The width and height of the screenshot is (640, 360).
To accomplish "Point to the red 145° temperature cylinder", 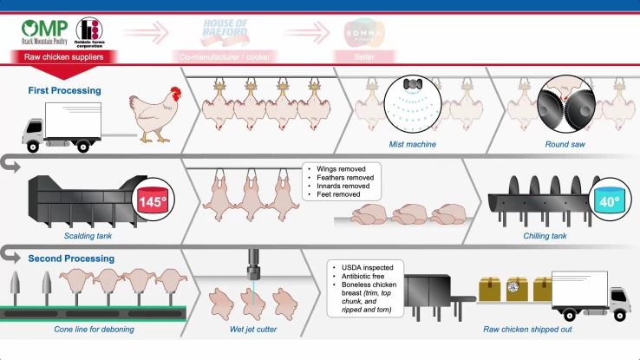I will pos(149,203).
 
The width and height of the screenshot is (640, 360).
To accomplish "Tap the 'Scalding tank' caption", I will pos(88,234).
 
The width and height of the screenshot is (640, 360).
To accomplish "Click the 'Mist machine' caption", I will pos(412,143).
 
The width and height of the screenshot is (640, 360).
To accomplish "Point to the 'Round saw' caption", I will pos(565,143).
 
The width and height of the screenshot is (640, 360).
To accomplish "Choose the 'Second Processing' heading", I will pos(71,259).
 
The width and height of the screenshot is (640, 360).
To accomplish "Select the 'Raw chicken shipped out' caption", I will pos(528,330).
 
